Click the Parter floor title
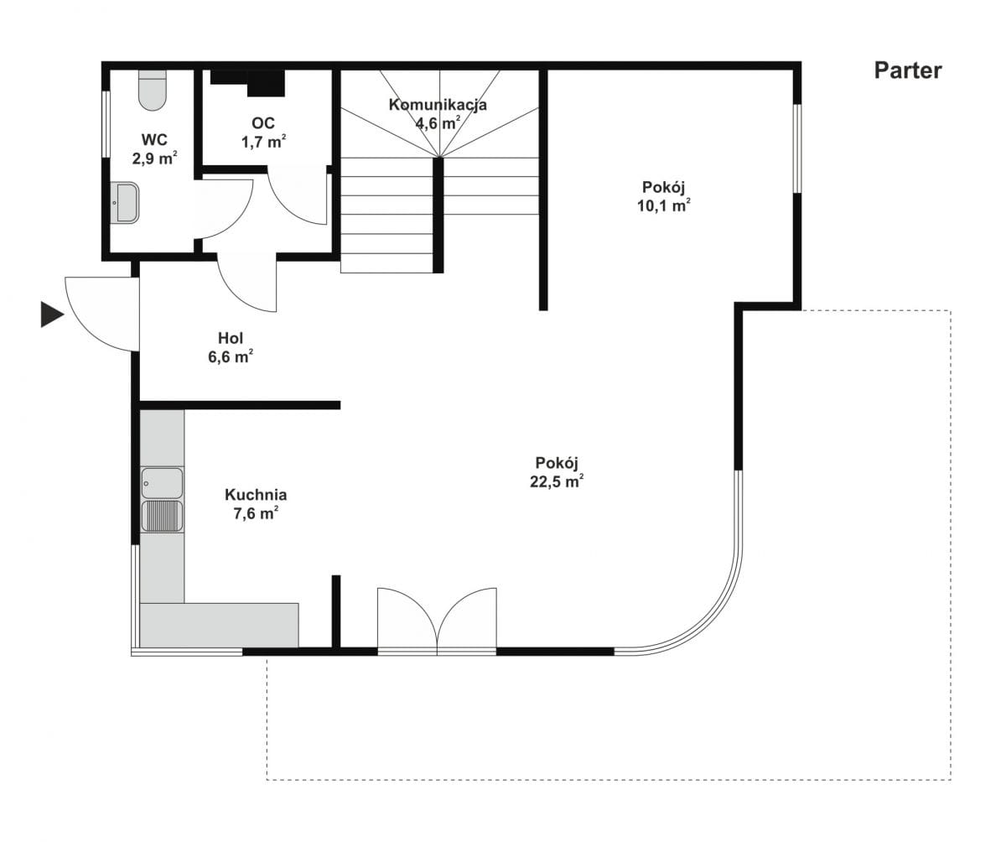[x=908, y=70]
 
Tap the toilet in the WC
[x=153, y=90]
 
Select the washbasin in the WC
[x=124, y=202]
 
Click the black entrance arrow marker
[x=52, y=314]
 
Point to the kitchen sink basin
[x=162, y=482]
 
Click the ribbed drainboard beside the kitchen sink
[x=162, y=517]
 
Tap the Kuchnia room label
[x=256, y=495]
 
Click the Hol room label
[x=231, y=338]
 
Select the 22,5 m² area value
[x=557, y=481]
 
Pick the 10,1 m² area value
[x=663, y=205]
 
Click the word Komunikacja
[x=438, y=105]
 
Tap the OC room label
[x=263, y=123]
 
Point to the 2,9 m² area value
[x=154, y=159]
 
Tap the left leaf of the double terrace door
[x=407, y=618]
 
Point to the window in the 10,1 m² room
[x=797, y=148]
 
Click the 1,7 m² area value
[x=263, y=142]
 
